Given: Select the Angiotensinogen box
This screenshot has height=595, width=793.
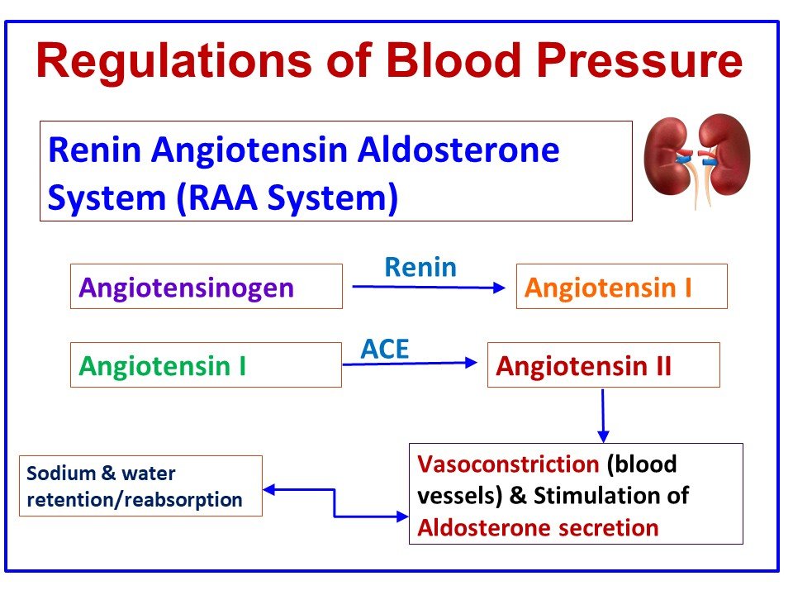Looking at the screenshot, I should [x=206, y=287].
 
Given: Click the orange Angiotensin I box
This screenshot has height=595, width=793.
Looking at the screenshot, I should [x=621, y=287].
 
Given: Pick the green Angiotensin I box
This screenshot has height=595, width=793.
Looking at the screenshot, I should [x=206, y=365].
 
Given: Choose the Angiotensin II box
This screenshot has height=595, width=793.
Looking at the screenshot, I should [x=603, y=365].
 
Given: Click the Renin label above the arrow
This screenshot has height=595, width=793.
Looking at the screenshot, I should [x=420, y=267].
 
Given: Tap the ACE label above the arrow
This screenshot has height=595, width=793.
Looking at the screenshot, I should [x=384, y=349].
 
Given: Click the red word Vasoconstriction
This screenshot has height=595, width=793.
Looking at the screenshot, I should [x=508, y=464].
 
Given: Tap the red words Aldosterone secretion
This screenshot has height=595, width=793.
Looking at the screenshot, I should [x=538, y=528].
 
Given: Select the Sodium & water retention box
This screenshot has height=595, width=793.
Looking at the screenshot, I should [x=140, y=486].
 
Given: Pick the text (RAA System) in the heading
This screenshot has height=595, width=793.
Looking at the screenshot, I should [x=285, y=199].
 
